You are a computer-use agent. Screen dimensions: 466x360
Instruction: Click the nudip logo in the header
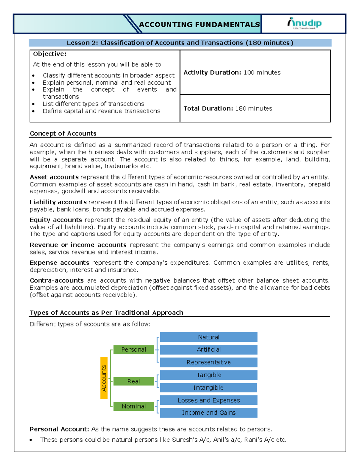(304, 23)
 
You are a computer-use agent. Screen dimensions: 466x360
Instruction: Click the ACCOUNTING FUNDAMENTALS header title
(199, 25)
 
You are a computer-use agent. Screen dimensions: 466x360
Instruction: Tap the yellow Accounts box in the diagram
(104, 378)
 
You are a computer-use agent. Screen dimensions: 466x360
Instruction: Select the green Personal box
(134, 350)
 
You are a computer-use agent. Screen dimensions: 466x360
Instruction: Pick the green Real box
(134, 381)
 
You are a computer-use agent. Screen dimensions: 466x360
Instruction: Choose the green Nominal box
(134, 406)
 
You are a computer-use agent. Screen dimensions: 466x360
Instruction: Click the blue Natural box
(208, 337)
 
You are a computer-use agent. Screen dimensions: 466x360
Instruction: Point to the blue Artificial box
(208, 350)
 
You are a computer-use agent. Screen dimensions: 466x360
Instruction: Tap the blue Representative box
(208, 362)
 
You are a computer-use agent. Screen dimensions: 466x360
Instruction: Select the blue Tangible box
(208, 375)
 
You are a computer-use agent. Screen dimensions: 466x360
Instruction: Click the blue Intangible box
(208, 388)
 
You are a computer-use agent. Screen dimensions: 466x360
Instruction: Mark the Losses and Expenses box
(208, 400)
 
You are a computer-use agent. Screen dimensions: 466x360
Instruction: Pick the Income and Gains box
(208, 413)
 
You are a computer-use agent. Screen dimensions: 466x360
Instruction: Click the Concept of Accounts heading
(63, 134)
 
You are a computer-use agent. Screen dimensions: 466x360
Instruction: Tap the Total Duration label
(208, 109)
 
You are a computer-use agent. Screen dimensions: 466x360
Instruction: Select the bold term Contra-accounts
(57, 281)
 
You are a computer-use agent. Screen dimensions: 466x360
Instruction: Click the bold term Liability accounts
(58, 202)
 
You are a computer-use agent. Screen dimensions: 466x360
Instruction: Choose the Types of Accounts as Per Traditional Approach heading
(106, 313)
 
